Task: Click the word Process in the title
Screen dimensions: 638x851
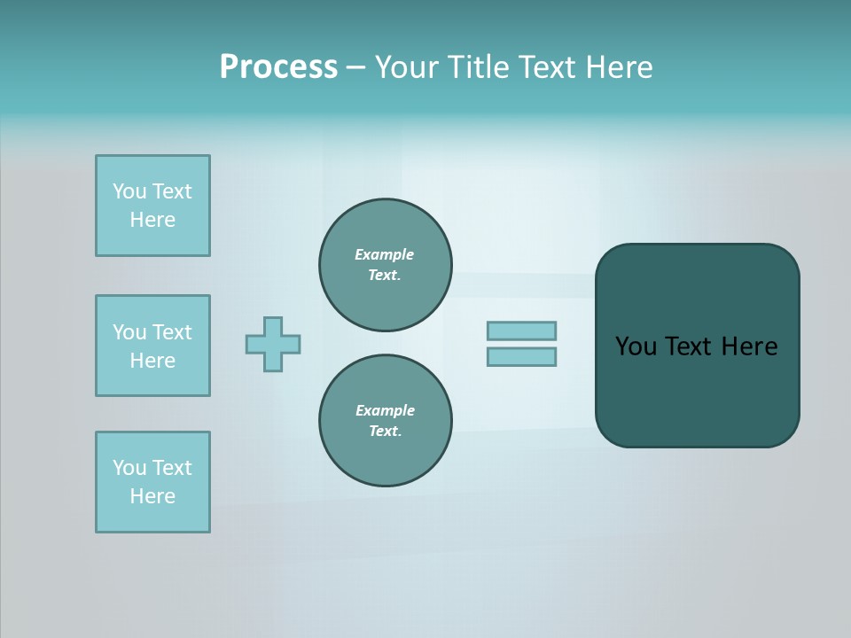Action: pos(278,67)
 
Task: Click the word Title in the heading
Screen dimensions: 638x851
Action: pos(478,67)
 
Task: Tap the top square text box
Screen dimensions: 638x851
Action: pos(152,206)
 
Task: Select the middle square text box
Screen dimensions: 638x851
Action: pos(152,346)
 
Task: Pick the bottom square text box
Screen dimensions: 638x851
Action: pos(152,482)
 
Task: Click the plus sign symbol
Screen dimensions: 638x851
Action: pos(273,344)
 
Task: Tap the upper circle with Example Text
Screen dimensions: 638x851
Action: pos(385,264)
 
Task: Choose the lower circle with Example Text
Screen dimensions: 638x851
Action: pos(385,420)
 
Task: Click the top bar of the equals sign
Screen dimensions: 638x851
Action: pos(521,331)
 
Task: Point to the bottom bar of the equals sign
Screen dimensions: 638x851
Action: pos(521,356)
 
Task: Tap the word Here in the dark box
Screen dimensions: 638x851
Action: pos(749,346)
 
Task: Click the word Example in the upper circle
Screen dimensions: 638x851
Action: pos(384,254)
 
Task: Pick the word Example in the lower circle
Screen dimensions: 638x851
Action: pos(385,410)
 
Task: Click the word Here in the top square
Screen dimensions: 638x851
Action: pos(152,220)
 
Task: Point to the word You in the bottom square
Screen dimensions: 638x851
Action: pos(129,468)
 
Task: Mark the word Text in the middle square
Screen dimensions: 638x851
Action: pos(172,332)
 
